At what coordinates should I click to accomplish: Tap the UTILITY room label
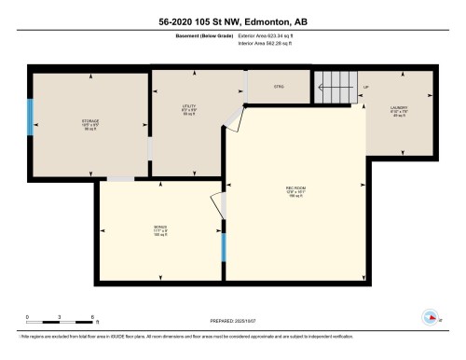pos(187,109)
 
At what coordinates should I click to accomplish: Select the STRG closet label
pos(278,87)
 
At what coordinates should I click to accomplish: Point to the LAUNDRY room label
pos(399,109)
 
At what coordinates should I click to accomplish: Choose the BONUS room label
pos(160,229)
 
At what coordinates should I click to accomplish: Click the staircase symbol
pos(333,89)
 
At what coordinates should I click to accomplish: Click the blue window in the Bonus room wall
pos(224,247)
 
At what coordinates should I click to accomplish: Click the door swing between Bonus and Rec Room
pos(218,206)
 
